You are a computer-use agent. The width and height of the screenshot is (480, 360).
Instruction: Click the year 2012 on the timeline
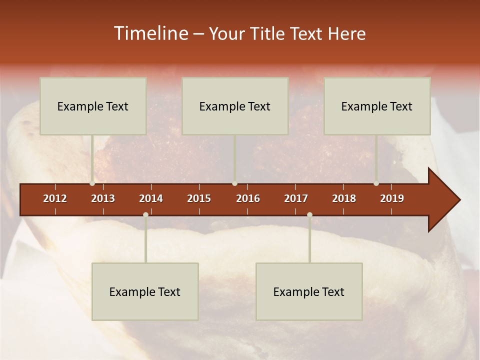pyautogui.click(x=55, y=198)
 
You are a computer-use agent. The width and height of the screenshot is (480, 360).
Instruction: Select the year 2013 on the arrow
pyautogui.click(x=103, y=198)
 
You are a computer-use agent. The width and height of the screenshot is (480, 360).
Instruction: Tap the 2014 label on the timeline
pyautogui.click(x=151, y=198)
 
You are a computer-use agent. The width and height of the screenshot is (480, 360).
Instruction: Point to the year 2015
pyautogui.click(x=199, y=198)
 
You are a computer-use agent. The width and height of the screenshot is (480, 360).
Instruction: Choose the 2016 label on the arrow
pyautogui.click(x=248, y=198)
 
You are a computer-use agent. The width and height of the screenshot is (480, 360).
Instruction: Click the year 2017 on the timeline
pyautogui.click(x=296, y=198)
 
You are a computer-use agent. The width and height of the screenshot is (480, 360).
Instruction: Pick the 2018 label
pyautogui.click(x=344, y=198)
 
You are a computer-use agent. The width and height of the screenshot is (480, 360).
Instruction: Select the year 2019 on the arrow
pyautogui.click(x=392, y=198)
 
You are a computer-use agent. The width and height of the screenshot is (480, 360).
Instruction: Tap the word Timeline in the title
pyautogui.click(x=150, y=33)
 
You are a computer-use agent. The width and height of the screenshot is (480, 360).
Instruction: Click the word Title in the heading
pyautogui.click(x=267, y=34)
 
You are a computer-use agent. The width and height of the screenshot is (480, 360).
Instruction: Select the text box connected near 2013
pyautogui.click(x=93, y=106)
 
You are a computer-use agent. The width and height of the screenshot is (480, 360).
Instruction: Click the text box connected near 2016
pyautogui.click(x=235, y=106)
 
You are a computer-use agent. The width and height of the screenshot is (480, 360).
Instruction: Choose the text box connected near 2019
pyautogui.click(x=377, y=106)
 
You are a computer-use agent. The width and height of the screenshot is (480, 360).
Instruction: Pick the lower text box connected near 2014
pyautogui.click(x=145, y=291)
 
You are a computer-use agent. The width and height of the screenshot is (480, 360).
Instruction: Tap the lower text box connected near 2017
pyautogui.click(x=309, y=291)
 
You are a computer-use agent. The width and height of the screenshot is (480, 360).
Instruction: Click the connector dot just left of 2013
pyautogui.click(x=92, y=183)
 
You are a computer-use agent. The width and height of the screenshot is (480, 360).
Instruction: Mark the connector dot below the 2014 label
pyautogui.click(x=145, y=214)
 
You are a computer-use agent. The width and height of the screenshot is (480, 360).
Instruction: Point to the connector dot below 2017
pyautogui.click(x=309, y=214)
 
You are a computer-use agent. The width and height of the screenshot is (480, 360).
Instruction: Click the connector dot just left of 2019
pyautogui.click(x=376, y=183)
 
